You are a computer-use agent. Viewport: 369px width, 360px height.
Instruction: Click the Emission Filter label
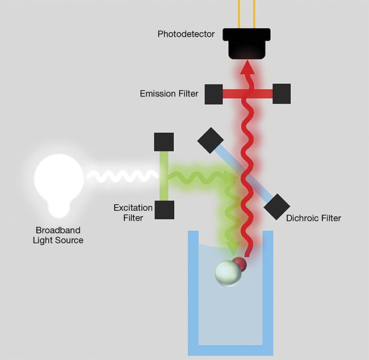tap(169, 93)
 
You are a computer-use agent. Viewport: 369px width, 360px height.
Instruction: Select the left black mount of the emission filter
tap(213, 94)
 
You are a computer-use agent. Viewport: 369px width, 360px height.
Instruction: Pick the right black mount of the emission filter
tap(282, 94)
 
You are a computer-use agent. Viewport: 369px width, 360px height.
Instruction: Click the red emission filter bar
tap(248, 94)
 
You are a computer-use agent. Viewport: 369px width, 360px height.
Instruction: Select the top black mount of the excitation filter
tap(164, 141)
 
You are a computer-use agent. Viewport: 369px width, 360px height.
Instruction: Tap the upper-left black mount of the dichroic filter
tap(209, 140)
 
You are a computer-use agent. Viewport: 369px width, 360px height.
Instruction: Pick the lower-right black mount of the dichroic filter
tap(277, 206)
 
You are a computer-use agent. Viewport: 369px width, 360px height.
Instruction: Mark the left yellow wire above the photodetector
tap(238, 12)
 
